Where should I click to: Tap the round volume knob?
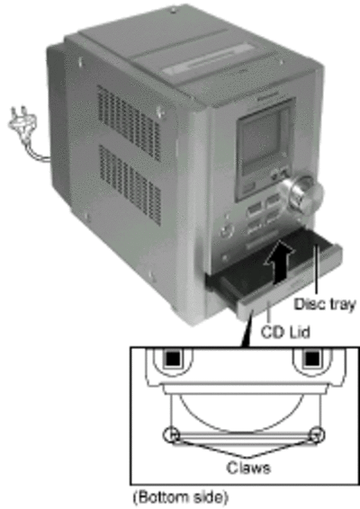coord(302,196)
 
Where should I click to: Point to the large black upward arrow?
coord(279,262)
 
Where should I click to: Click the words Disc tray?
coord(325,304)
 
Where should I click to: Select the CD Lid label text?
coord(285,332)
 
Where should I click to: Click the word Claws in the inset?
coord(248,468)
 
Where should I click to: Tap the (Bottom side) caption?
coord(181,497)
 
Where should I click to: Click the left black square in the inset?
coord(173,359)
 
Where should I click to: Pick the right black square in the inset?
coord(312,359)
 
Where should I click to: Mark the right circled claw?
coord(317,435)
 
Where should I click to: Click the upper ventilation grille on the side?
coord(129,121)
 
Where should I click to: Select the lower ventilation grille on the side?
coord(130,184)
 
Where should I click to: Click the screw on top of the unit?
coord(173,12)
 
